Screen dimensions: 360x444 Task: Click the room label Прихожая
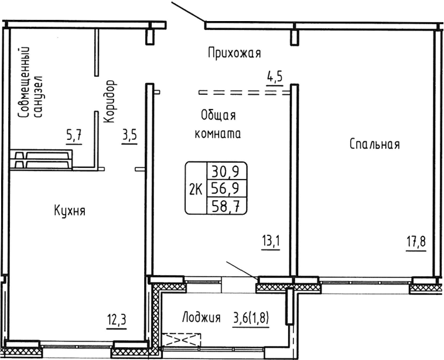tap(234, 54)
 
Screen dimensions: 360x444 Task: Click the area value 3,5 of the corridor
tap(129, 136)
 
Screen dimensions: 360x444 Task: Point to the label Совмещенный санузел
tap(31, 84)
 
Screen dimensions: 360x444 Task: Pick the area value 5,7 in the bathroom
tap(74, 136)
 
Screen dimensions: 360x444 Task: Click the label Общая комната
tap(217, 124)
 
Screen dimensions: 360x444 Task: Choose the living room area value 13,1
tap(271, 241)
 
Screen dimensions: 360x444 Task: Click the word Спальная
tap(374, 144)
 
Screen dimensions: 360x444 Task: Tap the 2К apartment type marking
tap(196, 188)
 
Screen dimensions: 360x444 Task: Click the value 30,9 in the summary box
tap(226, 172)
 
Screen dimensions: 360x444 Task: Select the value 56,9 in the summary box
tap(226, 188)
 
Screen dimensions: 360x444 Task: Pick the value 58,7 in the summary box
tap(226, 204)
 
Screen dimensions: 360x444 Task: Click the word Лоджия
tap(201, 318)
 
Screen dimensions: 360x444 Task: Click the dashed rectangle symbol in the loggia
tap(183, 339)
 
